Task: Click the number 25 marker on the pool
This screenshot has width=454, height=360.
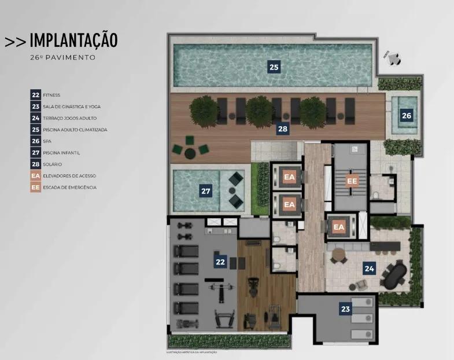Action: [274, 67]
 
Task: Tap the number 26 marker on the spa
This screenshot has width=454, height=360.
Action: [407, 115]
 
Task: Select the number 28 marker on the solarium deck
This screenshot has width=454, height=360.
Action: [282, 129]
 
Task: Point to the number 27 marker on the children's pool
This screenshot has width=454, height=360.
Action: [205, 190]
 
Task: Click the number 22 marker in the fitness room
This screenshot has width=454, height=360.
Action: [220, 262]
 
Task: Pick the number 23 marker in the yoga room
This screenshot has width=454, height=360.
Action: [345, 308]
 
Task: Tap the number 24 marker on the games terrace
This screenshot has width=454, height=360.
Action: [368, 267]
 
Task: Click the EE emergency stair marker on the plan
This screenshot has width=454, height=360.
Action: [352, 181]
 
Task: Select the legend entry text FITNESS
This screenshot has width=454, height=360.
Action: [51, 95]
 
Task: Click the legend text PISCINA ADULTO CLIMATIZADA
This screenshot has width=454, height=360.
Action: [75, 130]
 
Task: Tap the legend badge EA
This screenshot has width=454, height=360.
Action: [36, 176]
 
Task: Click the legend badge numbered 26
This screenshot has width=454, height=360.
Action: [36, 141]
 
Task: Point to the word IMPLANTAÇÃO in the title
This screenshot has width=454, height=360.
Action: [73, 40]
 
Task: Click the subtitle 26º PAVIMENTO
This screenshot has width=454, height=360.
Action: [62, 58]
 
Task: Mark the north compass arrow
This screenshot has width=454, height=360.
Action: [393, 57]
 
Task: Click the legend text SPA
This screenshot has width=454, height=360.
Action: [47, 141]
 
